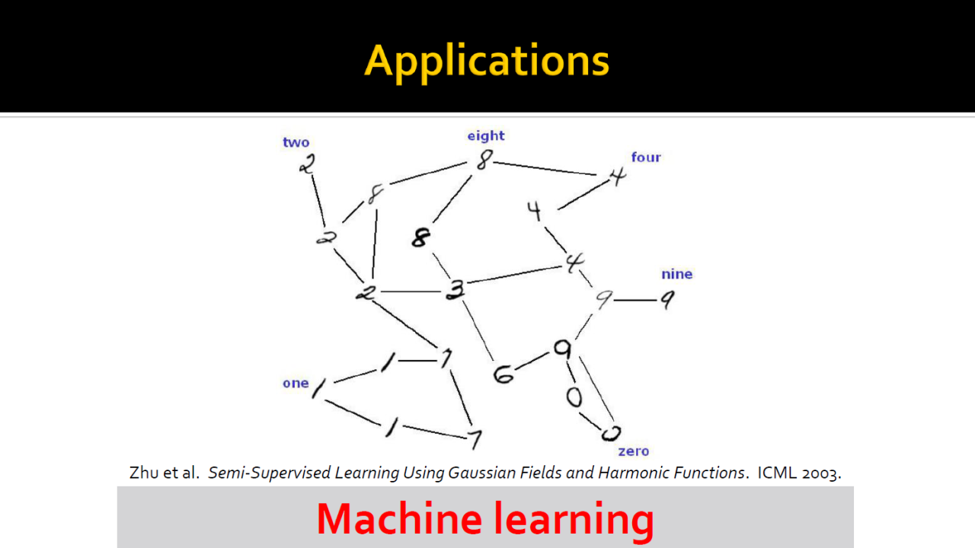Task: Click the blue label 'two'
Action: point(296,142)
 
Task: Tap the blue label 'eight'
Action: point(486,135)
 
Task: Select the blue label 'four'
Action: point(646,157)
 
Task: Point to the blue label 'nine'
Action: point(676,274)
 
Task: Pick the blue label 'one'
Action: point(296,383)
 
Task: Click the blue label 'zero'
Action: point(633,451)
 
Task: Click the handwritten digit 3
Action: point(455,290)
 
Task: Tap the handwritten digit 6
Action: point(503,374)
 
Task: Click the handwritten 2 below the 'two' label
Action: point(306,164)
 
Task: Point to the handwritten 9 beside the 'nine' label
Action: point(667,301)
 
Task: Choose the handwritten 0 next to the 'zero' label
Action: point(609,433)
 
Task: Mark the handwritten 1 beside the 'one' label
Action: point(318,389)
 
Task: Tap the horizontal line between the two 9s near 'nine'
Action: point(635,301)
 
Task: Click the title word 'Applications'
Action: point(487,60)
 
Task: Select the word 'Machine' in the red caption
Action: point(399,519)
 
